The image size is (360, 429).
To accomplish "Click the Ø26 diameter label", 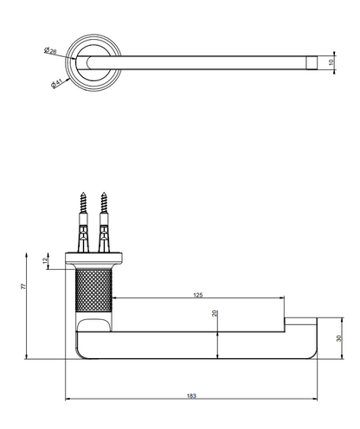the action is [50, 50].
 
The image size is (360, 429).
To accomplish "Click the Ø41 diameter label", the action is [56, 83].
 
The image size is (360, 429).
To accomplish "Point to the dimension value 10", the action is [331, 62].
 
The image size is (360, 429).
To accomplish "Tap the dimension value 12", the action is [45, 260].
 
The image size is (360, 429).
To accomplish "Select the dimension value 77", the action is [23, 286].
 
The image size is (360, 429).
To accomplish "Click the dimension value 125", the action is [198, 295].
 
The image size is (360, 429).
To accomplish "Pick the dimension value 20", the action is [215, 313].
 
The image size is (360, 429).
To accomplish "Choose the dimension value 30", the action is [339, 338].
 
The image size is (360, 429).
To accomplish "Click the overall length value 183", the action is [191, 396].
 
